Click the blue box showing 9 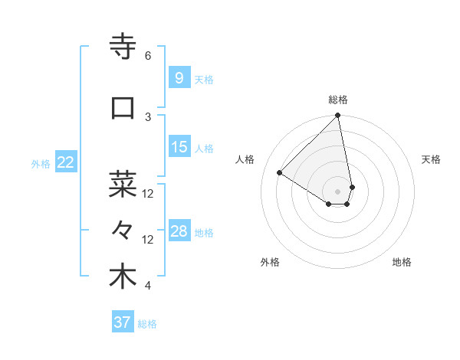[179, 77]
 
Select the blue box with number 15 [179, 147]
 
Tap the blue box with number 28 [179, 231]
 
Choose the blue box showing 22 [66, 162]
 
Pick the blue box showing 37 [123, 322]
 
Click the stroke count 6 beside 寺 [148, 56]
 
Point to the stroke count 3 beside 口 [148, 116]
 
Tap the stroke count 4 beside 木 [148, 286]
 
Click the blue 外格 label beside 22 [41, 163]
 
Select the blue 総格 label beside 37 [148, 324]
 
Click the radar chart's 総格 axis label [338, 100]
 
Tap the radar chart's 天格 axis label [432, 159]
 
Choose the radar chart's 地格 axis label [402, 262]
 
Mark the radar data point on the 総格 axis [338, 116]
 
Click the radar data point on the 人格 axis [280, 173]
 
